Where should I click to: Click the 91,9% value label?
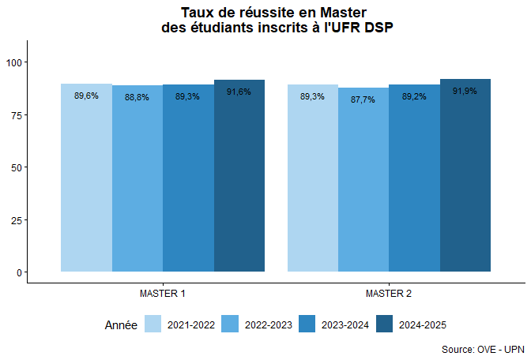click(465, 92)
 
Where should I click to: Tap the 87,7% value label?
click(363, 100)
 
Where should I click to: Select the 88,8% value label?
click(137, 98)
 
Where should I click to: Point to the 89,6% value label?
click(86, 96)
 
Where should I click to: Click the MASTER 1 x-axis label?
click(163, 294)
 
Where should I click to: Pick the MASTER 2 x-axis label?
click(389, 294)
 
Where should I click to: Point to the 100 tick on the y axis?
click(13, 62)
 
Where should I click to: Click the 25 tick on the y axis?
click(16, 219)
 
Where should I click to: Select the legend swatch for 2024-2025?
click(385, 324)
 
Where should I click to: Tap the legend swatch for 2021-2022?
click(153, 324)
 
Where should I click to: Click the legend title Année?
click(121, 324)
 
